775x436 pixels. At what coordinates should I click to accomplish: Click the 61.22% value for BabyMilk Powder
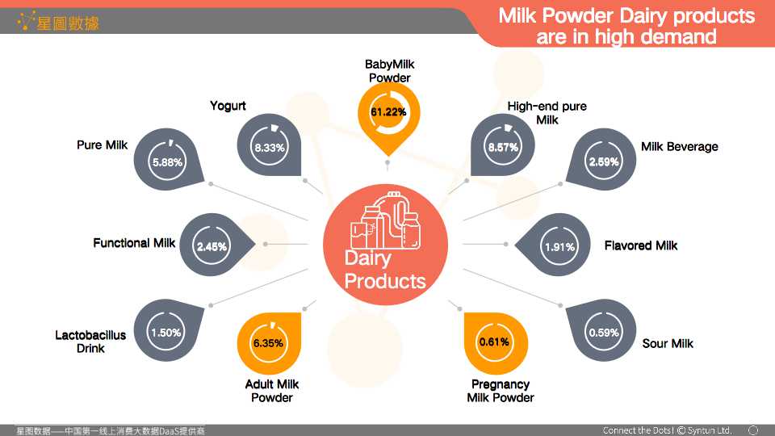click(388, 112)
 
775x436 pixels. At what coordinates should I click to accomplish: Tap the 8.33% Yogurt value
click(270, 147)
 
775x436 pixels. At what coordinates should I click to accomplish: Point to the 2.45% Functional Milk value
click(212, 246)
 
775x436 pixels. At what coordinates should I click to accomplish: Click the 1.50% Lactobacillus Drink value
click(165, 333)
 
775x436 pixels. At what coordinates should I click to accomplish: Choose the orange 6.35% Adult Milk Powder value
click(268, 343)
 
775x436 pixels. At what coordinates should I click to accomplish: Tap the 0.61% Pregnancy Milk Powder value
click(494, 342)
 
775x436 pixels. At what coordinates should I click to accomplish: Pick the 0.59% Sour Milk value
click(604, 333)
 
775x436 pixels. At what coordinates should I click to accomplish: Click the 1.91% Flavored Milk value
click(559, 247)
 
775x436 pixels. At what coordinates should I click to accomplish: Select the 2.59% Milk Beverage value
click(604, 161)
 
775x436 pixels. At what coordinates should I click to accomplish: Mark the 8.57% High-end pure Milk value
click(503, 147)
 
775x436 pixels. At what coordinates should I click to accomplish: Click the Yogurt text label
click(228, 106)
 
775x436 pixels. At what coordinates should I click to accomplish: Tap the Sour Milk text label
click(668, 343)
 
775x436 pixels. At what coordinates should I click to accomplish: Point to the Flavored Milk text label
click(640, 245)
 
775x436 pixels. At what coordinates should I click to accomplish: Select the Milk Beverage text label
click(679, 146)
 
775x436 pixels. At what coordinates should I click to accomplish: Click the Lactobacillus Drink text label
click(90, 342)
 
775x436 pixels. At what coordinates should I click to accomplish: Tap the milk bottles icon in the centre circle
click(386, 221)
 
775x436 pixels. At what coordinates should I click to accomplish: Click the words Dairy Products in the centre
click(384, 270)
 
